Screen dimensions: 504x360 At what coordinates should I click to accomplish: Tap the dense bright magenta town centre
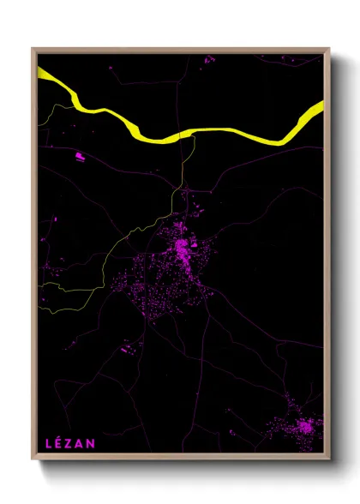[x=182, y=249]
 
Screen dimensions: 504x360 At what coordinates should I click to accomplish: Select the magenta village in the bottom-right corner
[x=303, y=427]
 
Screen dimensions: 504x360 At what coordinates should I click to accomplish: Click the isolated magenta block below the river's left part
[x=80, y=156]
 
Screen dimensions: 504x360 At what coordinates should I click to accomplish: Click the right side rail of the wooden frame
[x=327, y=257]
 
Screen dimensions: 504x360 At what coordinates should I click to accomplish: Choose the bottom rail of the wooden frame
[x=180, y=459]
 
